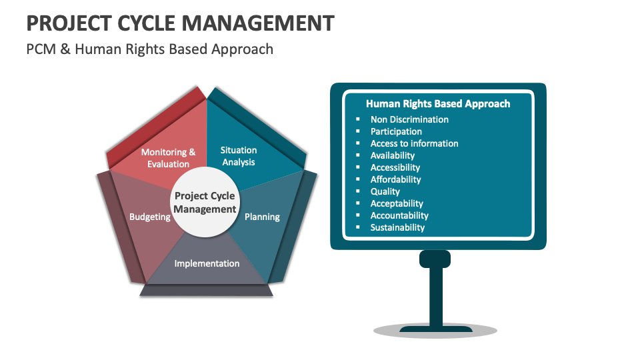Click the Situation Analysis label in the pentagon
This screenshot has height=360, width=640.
point(238,156)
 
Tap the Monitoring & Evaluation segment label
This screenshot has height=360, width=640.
point(169,158)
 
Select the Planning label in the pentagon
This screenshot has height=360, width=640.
point(262,217)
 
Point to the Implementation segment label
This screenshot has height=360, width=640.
point(207,263)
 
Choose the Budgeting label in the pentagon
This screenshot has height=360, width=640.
point(149,217)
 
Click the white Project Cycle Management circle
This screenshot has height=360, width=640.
point(205,203)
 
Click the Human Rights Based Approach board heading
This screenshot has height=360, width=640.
point(438,104)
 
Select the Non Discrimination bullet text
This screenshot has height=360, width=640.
point(409,119)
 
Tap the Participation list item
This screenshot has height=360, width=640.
point(396,131)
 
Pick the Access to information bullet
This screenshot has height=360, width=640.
point(414,143)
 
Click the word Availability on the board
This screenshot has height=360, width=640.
point(393,155)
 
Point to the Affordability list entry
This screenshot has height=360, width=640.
point(396,179)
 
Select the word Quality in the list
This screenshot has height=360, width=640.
point(385,191)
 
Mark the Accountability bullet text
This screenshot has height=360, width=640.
point(399,215)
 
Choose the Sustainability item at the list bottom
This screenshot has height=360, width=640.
point(397,227)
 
